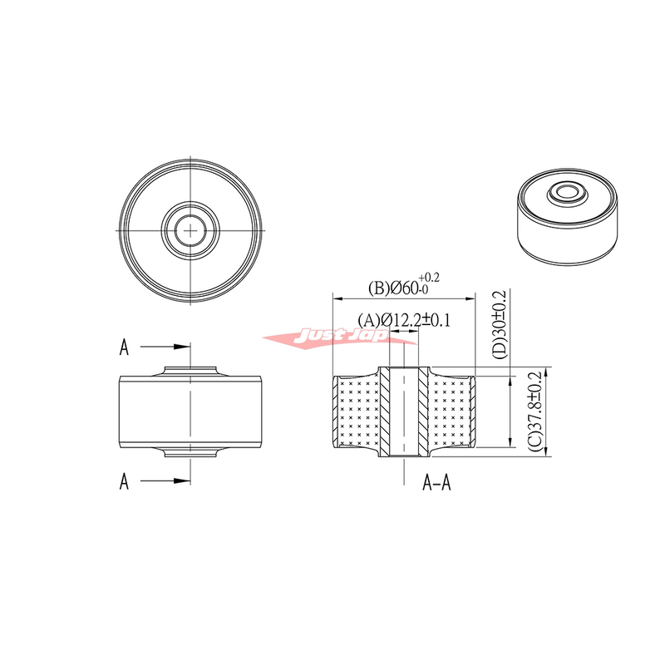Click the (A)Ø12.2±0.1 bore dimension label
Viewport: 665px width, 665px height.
[x=403, y=320]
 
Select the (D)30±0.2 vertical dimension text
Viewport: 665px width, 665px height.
[x=499, y=324]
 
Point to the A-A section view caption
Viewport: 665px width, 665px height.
[x=437, y=481]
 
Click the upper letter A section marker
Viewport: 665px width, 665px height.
[x=124, y=347]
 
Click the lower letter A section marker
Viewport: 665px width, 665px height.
[x=124, y=480]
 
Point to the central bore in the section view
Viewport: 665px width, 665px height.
[x=403, y=411]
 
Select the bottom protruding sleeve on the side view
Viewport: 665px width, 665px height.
[x=192, y=451]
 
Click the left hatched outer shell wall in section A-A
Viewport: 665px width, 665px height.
[x=335, y=411]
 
